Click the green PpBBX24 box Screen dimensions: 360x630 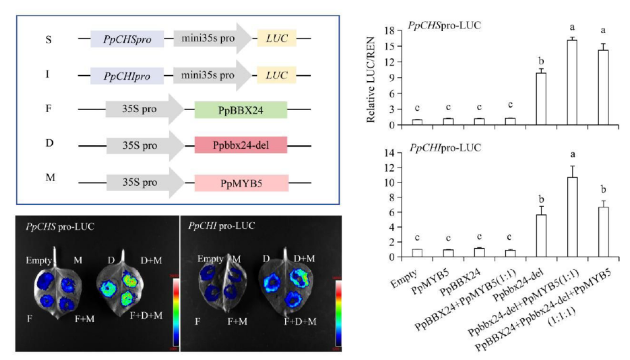241,110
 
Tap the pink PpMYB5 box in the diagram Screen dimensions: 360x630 241,183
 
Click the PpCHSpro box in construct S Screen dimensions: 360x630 127,38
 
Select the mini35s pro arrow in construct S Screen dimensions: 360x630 211,38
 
